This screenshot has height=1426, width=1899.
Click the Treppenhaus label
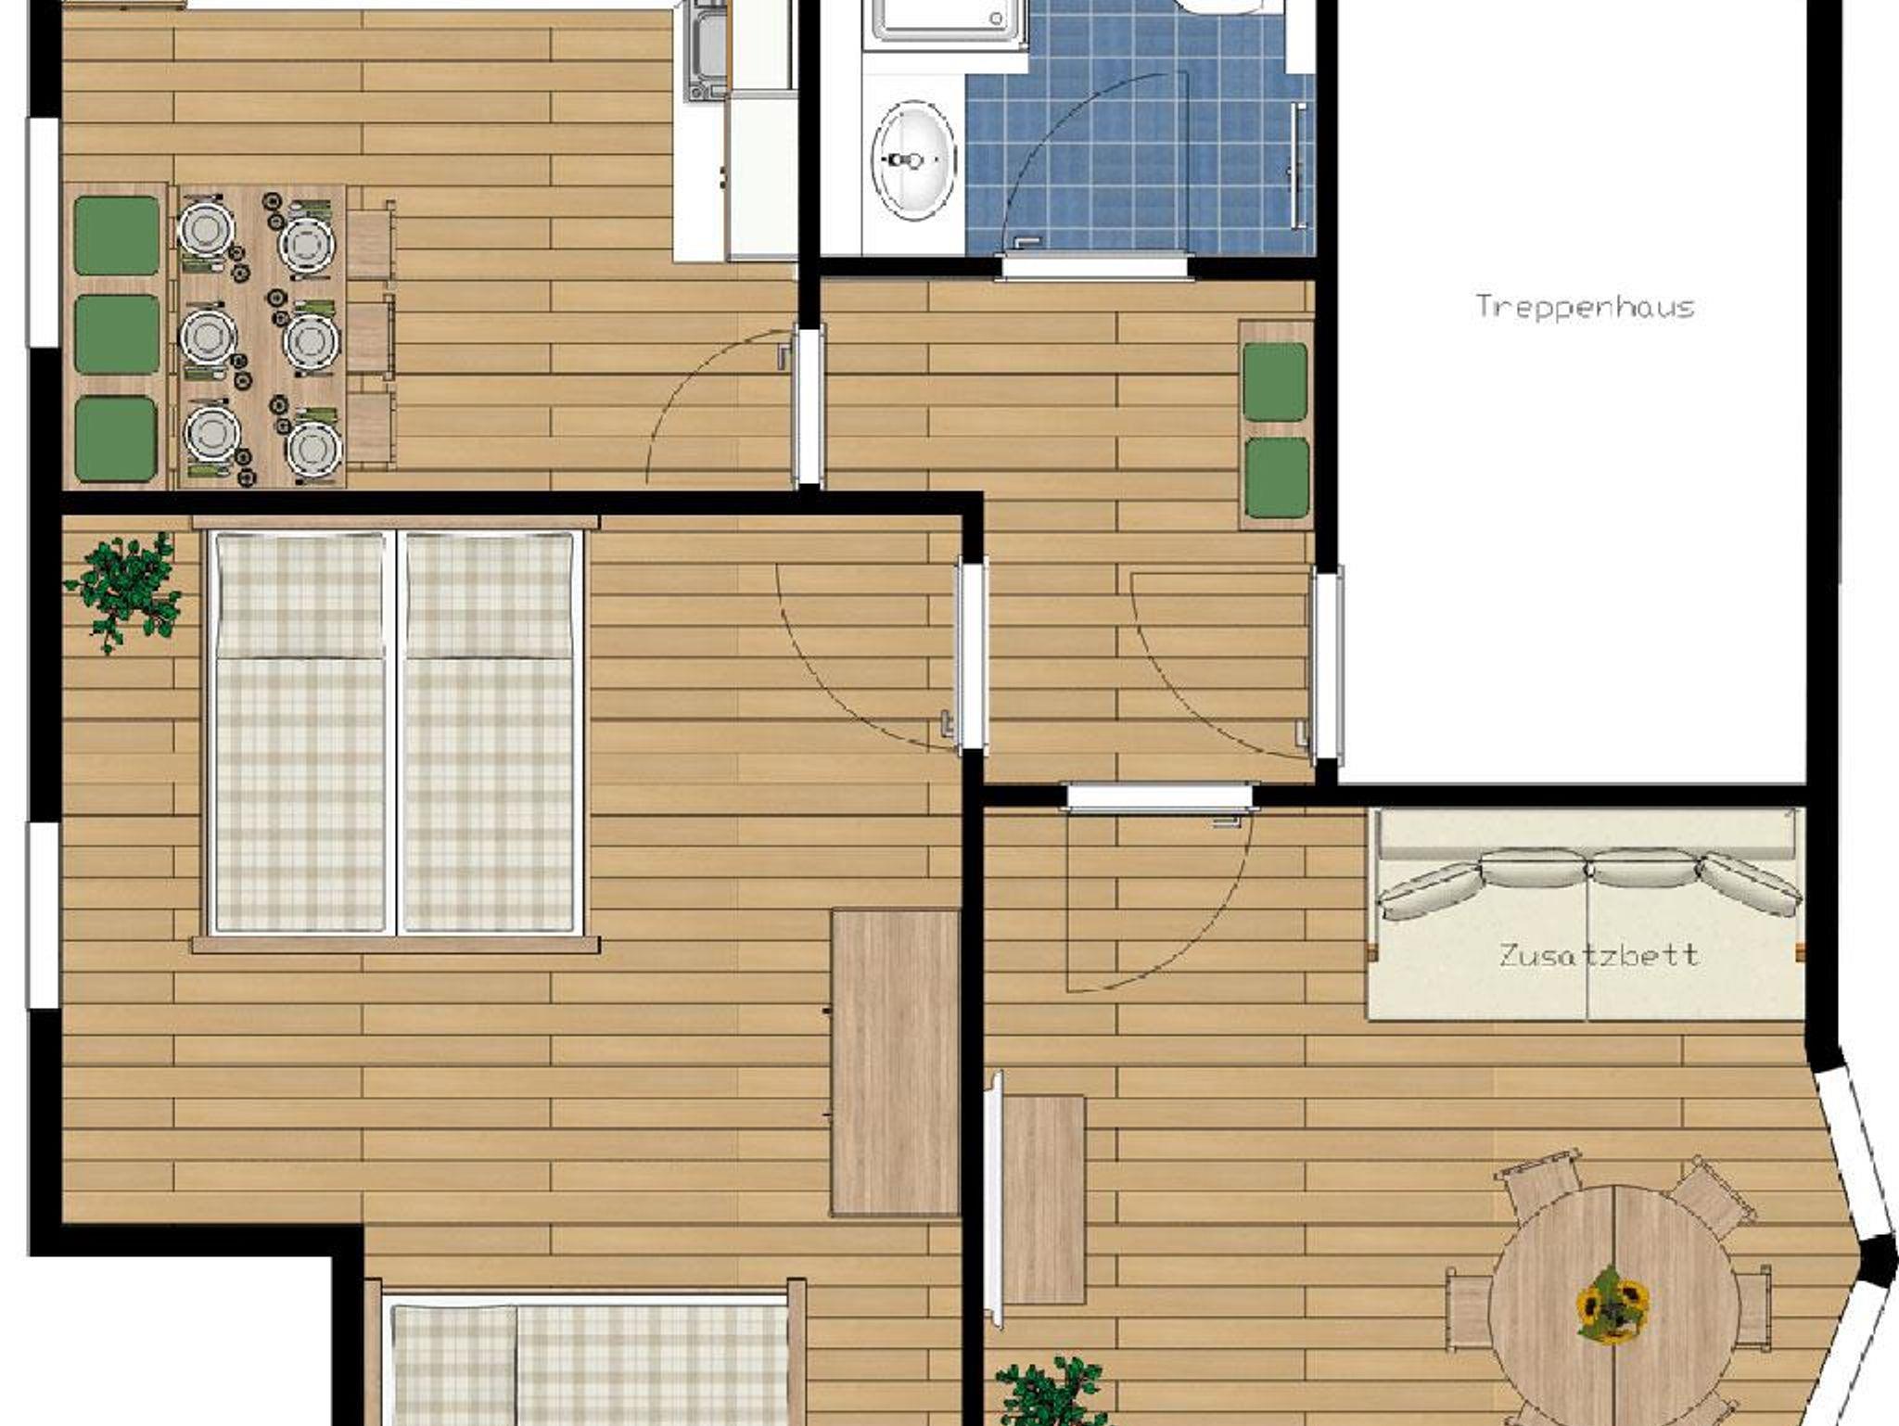tap(1585, 307)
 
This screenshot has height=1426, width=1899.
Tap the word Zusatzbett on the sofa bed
tap(1599, 955)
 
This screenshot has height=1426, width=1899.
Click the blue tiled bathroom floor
tap(1141, 130)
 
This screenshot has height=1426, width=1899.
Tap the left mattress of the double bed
tap(300, 732)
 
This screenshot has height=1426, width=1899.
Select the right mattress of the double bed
tap(489, 732)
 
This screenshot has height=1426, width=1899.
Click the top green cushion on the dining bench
tap(117, 236)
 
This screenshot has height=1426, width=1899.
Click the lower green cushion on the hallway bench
tap(1276, 478)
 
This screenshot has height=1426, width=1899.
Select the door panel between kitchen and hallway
tap(810, 405)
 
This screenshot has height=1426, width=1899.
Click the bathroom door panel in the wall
tap(1094, 268)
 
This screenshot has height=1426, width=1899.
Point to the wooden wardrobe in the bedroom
tap(895, 1063)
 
